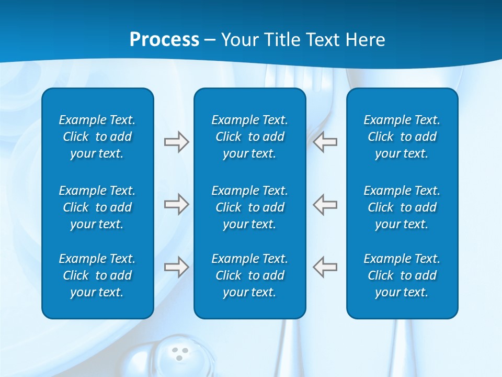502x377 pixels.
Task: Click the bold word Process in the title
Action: point(164,40)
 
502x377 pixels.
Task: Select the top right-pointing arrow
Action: point(176,142)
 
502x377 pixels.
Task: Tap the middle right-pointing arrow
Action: point(176,204)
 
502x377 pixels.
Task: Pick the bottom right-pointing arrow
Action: point(176,267)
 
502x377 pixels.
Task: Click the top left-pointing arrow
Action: point(325,142)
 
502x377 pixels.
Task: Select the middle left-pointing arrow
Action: point(325,204)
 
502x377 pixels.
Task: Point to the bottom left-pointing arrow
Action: point(325,267)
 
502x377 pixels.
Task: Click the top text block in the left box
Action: point(97,137)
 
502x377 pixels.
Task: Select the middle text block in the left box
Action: point(97,207)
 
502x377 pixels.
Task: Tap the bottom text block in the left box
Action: point(97,275)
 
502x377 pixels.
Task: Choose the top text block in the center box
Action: point(249,137)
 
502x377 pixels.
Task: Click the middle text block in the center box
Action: point(249,207)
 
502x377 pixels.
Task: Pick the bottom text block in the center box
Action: point(249,275)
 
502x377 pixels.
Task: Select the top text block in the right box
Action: point(402,137)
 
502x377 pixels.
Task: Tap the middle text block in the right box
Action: point(402,207)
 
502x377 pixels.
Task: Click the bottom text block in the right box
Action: point(402,275)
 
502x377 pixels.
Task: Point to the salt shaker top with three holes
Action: point(180,354)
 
